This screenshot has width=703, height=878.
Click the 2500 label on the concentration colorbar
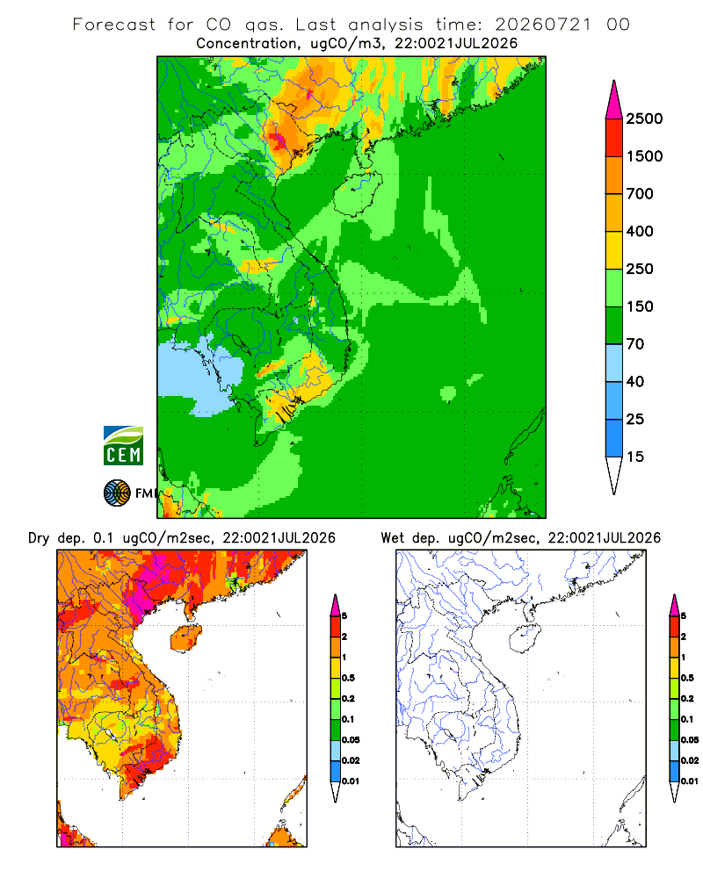644,119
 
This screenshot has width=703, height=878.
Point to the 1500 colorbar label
644,156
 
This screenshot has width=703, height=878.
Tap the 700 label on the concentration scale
640,194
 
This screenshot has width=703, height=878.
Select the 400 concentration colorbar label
640,231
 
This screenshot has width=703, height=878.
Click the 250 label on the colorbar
640,269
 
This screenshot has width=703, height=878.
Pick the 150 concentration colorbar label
640,306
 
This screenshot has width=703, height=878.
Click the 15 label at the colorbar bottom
635,457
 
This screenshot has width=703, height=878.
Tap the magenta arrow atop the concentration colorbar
614,100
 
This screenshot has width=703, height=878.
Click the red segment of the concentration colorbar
614,138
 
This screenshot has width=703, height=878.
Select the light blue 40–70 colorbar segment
614,363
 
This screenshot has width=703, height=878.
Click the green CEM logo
123,446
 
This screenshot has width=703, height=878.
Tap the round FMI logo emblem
117,493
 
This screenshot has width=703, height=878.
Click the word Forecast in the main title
114,25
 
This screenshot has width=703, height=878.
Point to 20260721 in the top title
543,25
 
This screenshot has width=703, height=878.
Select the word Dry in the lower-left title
39,538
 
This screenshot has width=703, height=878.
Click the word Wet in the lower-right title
393,538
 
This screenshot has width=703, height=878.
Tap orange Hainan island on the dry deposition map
185,638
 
